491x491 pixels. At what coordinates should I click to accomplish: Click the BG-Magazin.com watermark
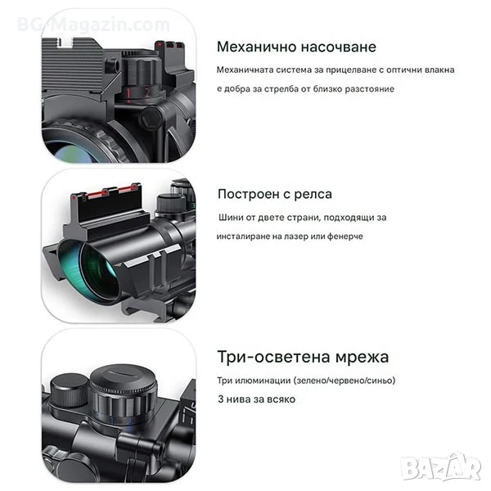pyautogui.click(x=93, y=25)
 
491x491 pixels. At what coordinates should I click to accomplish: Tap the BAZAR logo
pyautogui.click(x=441, y=467)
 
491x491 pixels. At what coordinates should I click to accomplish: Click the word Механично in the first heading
pyautogui.click(x=256, y=47)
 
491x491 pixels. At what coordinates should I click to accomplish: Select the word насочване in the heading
pyautogui.click(x=339, y=47)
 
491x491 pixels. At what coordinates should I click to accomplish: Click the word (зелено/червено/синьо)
pyautogui.click(x=345, y=381)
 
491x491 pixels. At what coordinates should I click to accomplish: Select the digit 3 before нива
pyautogui.click(x=221, y=399)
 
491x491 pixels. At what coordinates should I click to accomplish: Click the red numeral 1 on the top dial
pyautogui.click(x=128, y=93)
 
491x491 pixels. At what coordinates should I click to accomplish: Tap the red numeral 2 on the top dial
pyautogui.click(x=147, y=92)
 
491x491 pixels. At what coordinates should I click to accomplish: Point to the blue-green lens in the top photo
pyautogui.click(x=74, y=152)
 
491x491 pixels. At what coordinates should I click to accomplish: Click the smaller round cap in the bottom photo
pyautogui.click(x=70, y=390)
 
